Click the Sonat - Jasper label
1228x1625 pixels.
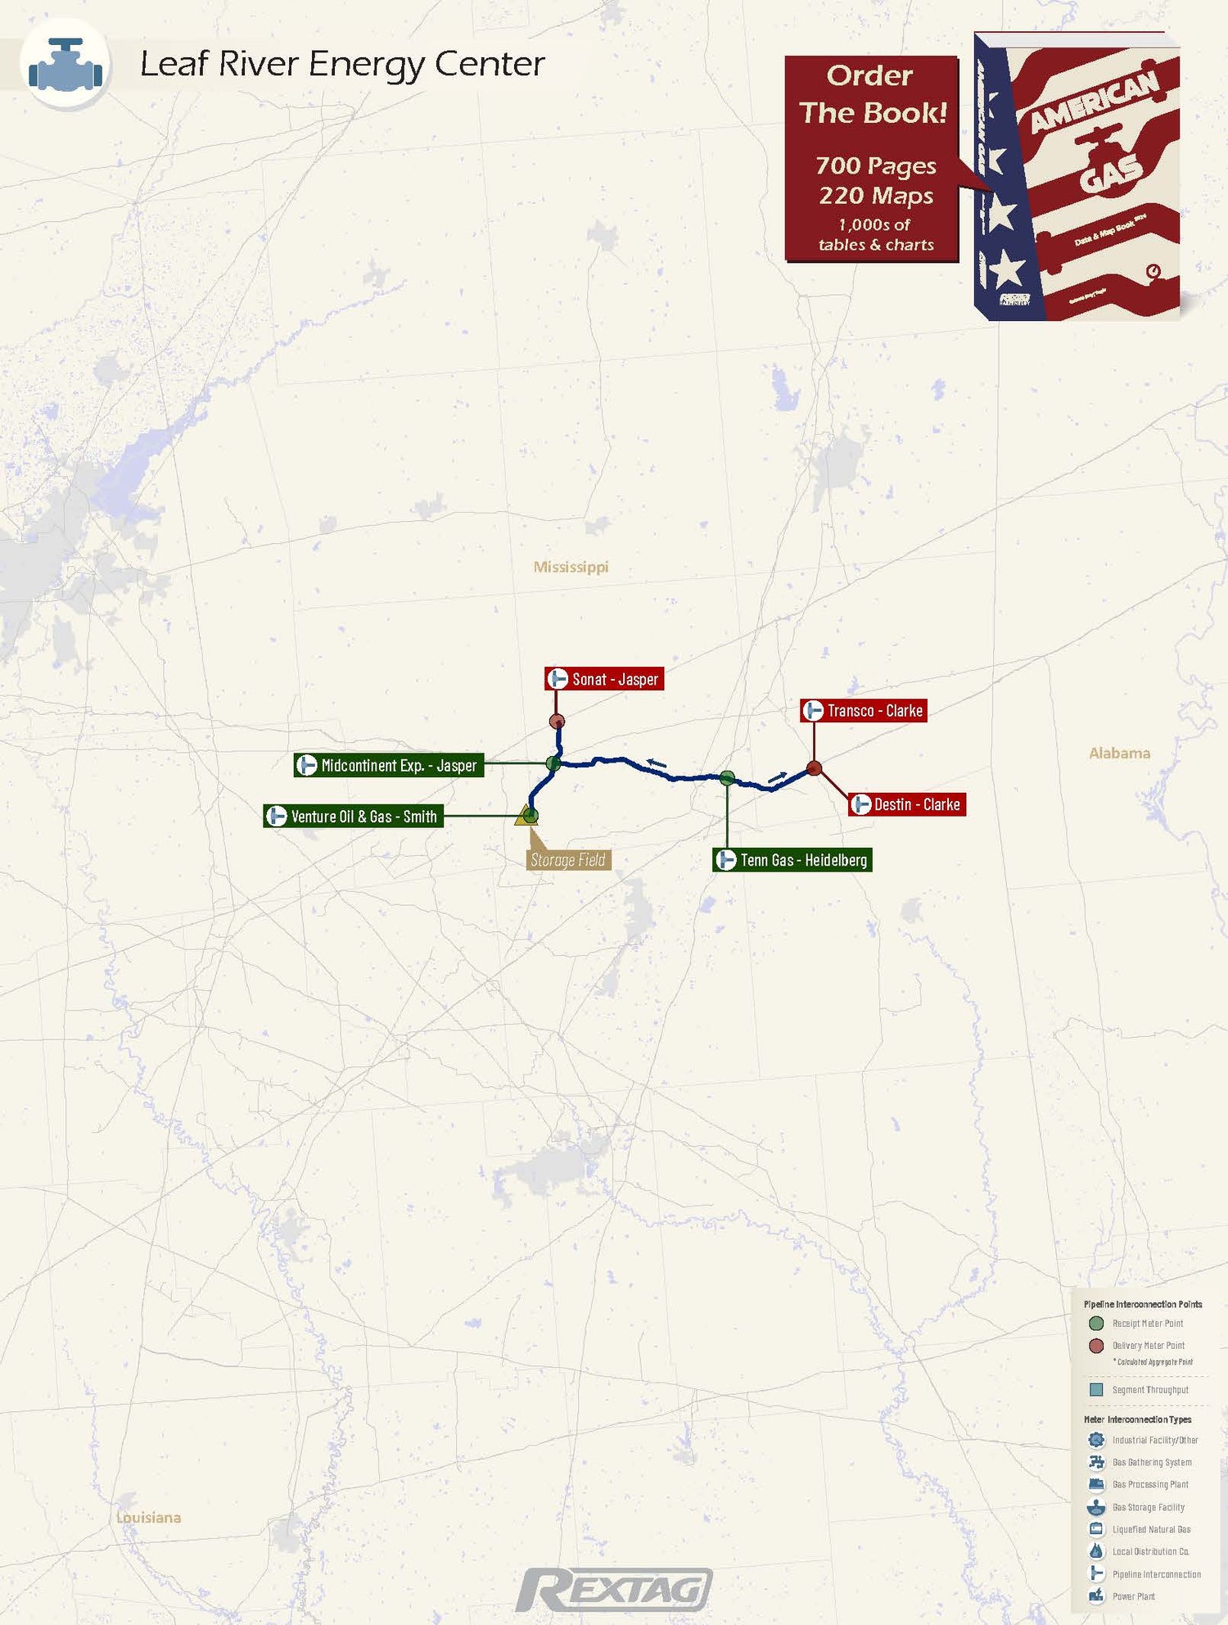604,679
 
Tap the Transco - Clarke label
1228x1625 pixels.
863,711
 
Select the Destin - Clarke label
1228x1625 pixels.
907,804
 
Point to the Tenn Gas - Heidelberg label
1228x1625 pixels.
792,860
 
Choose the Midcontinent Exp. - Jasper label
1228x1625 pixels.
389,765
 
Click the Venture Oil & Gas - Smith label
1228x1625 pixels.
354,817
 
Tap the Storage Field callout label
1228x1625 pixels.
568,860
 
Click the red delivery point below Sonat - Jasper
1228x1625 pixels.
557,722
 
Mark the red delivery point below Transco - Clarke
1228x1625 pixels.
814,768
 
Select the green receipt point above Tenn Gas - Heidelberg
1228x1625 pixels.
727,778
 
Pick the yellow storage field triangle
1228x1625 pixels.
524,817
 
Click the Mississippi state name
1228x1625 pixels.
571,567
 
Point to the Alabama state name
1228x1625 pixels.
1119,753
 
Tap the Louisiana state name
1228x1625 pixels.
148,1518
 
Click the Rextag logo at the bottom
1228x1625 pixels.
614,1591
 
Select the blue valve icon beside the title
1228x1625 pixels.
65,65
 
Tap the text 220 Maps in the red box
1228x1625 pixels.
876,196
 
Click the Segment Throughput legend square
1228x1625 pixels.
1096,1390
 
